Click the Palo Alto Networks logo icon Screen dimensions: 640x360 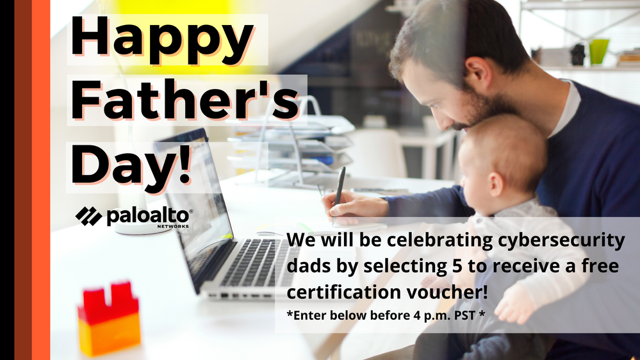(88, 216)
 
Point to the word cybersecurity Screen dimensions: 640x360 (561, 240)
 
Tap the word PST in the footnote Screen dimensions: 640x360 (465, 315)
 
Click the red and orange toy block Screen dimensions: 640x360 (109, 318)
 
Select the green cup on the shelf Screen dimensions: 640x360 (599, 51)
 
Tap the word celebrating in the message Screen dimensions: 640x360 (439, 240)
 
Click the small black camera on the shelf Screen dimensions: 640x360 (578, 54)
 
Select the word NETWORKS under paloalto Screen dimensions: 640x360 (173, 225)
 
